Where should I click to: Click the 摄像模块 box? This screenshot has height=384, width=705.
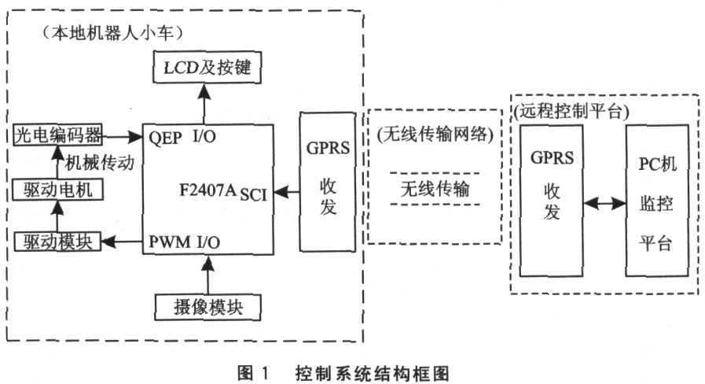(x=207, y=306)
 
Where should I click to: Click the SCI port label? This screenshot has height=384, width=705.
(x=254, y=194)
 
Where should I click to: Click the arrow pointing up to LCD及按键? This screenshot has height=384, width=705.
(x=207, y=102)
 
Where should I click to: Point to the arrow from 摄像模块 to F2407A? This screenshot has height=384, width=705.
(x=207, y=274)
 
